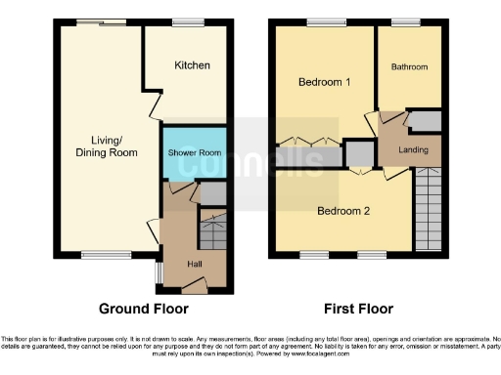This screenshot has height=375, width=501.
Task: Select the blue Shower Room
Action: click(x=195, y=153)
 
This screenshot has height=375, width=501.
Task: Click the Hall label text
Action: click(x=194, y=264)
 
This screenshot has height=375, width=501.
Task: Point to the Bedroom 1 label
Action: click(x=324, y=82)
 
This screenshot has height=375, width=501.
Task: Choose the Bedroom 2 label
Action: click(x=341, y=210)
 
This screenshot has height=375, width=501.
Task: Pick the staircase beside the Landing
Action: click(x=430, y=211)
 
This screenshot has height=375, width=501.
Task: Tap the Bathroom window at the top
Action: click(x=405, y=22)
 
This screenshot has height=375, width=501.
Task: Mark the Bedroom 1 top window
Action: click(x=320, y=22)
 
